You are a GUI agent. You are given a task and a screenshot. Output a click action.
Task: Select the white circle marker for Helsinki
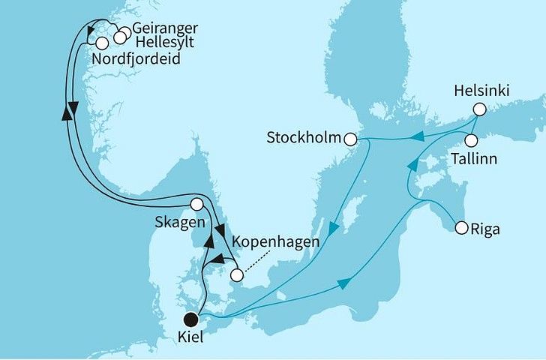click(478, 109)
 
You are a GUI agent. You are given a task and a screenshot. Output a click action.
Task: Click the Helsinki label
click(481, 91)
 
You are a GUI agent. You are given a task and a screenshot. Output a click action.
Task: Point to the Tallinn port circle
click(471, 140)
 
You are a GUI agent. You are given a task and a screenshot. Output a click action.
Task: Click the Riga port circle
click(459, 228)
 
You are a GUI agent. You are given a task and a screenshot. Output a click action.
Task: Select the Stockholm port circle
click(351, 138)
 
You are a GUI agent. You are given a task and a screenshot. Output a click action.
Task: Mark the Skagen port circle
click(196, 203)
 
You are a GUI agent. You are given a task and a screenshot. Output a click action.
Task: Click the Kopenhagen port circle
click(236, 275)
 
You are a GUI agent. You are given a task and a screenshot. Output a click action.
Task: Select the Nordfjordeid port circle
click(101, 43)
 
